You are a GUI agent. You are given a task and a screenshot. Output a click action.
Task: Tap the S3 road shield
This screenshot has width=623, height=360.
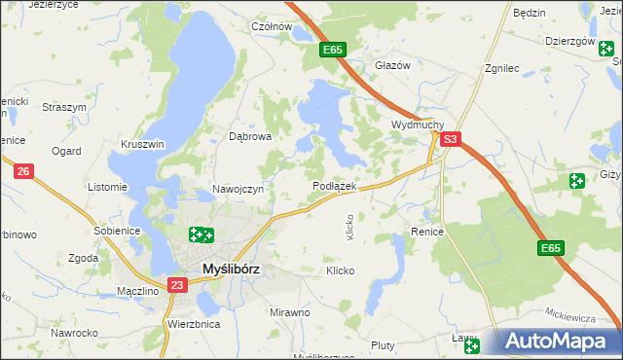(449, 141)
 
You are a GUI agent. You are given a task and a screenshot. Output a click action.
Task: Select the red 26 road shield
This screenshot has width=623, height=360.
(24, 171)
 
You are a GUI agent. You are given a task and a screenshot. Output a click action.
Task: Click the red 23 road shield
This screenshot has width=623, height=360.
(176, 285)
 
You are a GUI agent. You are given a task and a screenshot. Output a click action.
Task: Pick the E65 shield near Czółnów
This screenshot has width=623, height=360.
(332, 50)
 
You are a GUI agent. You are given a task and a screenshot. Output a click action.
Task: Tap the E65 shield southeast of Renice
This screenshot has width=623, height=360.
(550, 249)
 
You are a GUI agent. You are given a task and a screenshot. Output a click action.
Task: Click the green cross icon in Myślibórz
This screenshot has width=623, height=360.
(201, 234)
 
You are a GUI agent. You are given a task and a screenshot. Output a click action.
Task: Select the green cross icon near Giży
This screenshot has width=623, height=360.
(577, 180)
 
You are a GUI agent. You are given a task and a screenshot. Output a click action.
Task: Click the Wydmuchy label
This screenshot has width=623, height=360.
(418, 126)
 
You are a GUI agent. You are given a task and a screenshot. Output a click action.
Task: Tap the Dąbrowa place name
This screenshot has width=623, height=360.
(250, 137)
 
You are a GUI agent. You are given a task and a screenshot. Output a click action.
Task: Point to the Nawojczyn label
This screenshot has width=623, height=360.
(238, 189)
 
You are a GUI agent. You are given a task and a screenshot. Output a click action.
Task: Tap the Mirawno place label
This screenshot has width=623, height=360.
(289, 312)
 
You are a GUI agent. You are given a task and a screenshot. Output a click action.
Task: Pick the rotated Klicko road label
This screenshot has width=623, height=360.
(350, 228)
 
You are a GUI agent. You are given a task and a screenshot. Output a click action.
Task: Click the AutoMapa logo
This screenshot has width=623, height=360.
(559, 341)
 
